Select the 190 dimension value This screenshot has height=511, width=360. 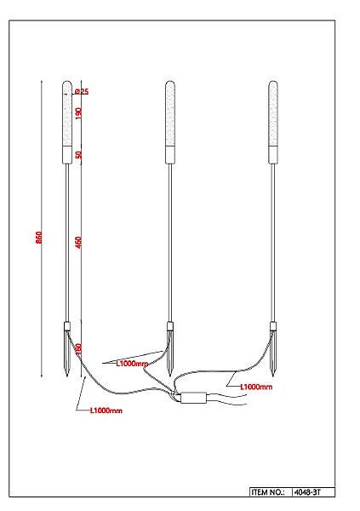click(78, 113)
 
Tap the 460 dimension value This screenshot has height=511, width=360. click(78, 242)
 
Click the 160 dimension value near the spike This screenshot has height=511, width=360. click(78, 348)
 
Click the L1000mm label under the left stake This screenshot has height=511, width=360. click(106, 411)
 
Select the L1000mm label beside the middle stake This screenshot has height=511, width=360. click(131, 364)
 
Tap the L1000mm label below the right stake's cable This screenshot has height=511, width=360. click(255, 387)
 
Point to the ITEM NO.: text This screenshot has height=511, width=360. click(269, 492)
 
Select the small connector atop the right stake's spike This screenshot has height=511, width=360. click(273, 325)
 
